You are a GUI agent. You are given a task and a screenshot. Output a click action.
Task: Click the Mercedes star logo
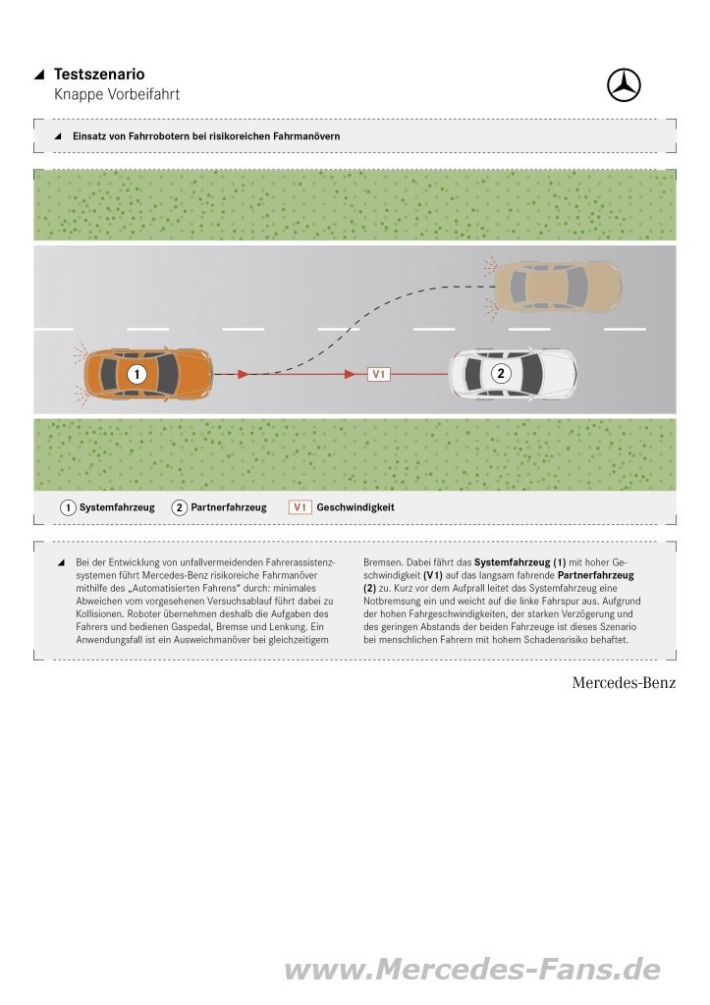click(x=624, y=85)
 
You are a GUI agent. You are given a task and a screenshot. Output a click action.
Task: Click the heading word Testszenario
click(x=99, y=75)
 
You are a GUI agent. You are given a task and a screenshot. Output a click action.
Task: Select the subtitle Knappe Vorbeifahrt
click(x=117, y=94)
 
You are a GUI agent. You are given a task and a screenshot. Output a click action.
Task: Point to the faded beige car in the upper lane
click(x=556, y=284)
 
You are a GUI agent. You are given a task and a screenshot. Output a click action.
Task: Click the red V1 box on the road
click(x=379, y=374)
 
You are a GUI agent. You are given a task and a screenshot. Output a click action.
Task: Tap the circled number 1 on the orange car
click(x=137, y=374)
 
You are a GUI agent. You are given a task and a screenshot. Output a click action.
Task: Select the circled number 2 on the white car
click(x=501, y=373)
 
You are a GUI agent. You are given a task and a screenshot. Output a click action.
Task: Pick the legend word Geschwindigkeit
click(x=355, y=507)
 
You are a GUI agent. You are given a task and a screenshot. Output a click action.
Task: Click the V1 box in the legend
click(x=300, y=507)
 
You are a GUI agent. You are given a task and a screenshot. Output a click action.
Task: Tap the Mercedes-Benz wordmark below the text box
click(x=624, y=683)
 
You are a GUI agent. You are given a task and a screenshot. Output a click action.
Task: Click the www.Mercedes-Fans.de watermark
click(x=472, y=970)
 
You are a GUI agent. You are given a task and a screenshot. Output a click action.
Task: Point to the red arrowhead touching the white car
click(x=444, y=374)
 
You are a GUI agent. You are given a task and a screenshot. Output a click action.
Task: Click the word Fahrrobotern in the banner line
click(x=157, y=136)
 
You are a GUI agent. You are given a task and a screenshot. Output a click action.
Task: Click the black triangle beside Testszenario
click(x=39, y=75)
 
